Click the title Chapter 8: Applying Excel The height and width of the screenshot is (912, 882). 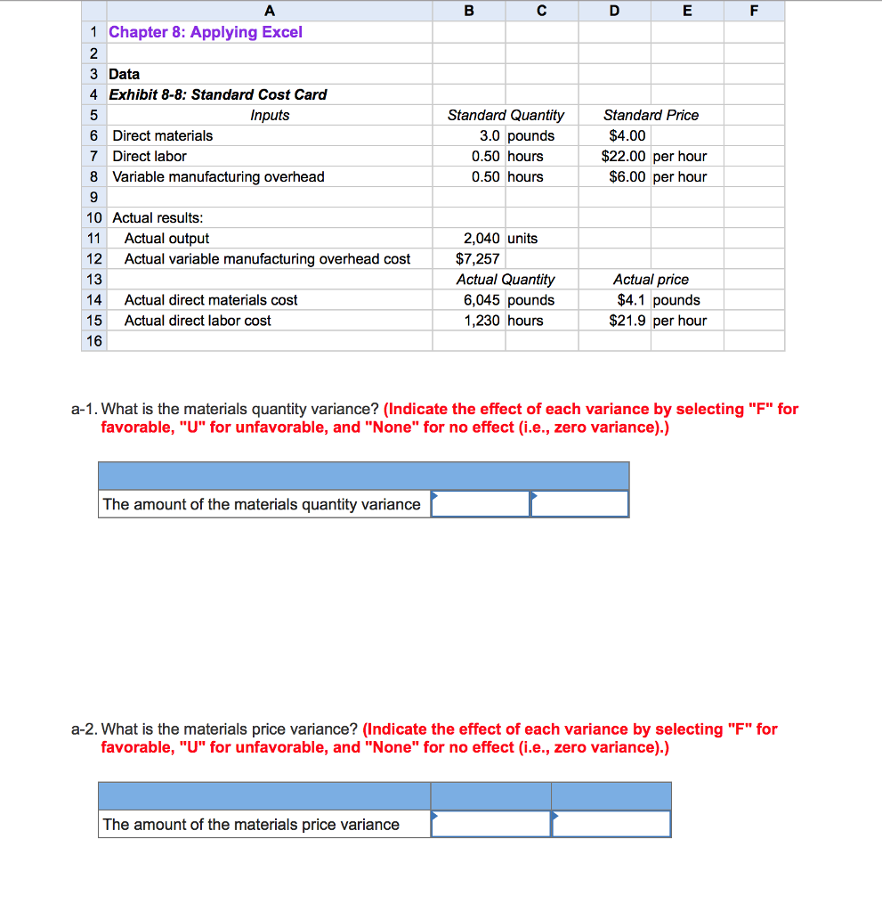[205, 32]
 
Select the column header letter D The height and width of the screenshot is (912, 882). [613, 11]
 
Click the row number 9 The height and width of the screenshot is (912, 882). [93, 197]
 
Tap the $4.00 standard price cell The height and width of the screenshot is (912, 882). [627, 135]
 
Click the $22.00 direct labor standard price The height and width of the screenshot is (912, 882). [625, 156]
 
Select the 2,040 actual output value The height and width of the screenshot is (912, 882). [483, 238]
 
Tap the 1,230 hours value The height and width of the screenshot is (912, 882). [483, 321]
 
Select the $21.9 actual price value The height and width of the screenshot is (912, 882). [628, 321]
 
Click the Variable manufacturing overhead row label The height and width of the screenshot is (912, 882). [218, 176]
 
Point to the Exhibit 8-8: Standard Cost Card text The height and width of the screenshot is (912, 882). [217, 94]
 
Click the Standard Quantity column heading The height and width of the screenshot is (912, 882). [506, 115]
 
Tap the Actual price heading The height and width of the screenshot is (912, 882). [651, 280]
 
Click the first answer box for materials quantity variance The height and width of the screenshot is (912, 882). [481, 504]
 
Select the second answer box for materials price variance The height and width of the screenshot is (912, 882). [611, 824]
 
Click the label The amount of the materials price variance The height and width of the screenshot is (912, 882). [251, 824]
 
